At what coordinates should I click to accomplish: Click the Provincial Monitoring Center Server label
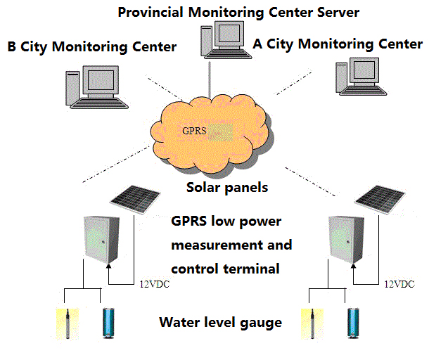[238, 12]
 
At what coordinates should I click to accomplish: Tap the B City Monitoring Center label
[91, 47]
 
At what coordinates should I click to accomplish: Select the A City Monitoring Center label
[338, 44]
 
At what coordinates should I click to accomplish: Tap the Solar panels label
[226, 188]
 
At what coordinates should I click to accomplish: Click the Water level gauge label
[220, 323]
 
